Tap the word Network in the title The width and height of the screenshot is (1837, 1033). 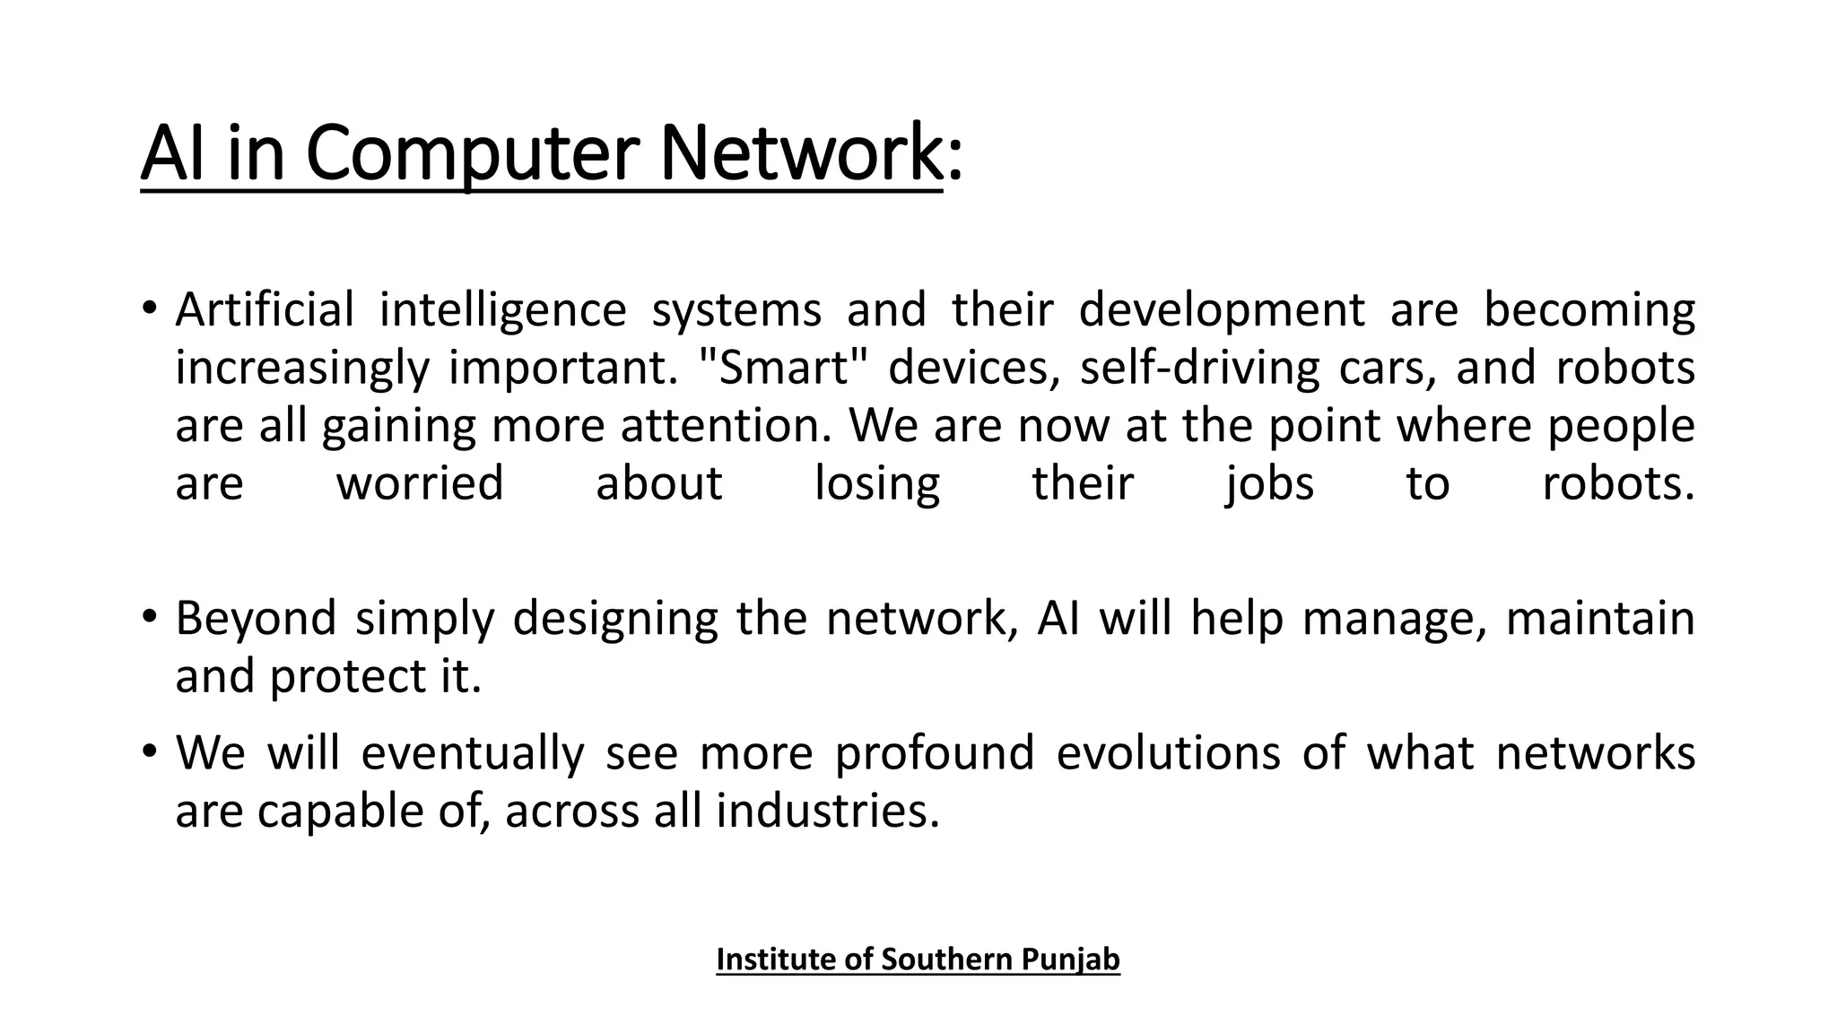click(x=800, y=152)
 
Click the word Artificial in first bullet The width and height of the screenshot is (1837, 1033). click(x=265, y=310)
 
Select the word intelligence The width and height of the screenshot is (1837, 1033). click(x=502, y=310)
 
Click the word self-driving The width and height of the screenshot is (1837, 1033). click(x=1199, y=368)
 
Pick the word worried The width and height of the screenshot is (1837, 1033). click(x=420, y=484)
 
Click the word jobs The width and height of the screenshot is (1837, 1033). click(x=1269, y=484)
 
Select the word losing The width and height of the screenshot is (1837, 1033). click(x=876, y=484)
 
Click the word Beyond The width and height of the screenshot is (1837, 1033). click(x=256, y=619)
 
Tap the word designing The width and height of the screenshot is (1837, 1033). click(x=614, y=619)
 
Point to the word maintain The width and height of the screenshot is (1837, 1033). click(x=1600, y=619)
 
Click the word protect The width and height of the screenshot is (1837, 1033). click(x=346, y=676)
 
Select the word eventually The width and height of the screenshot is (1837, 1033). click(x=472, y=752)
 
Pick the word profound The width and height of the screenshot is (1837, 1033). click(x=934, y=752)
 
